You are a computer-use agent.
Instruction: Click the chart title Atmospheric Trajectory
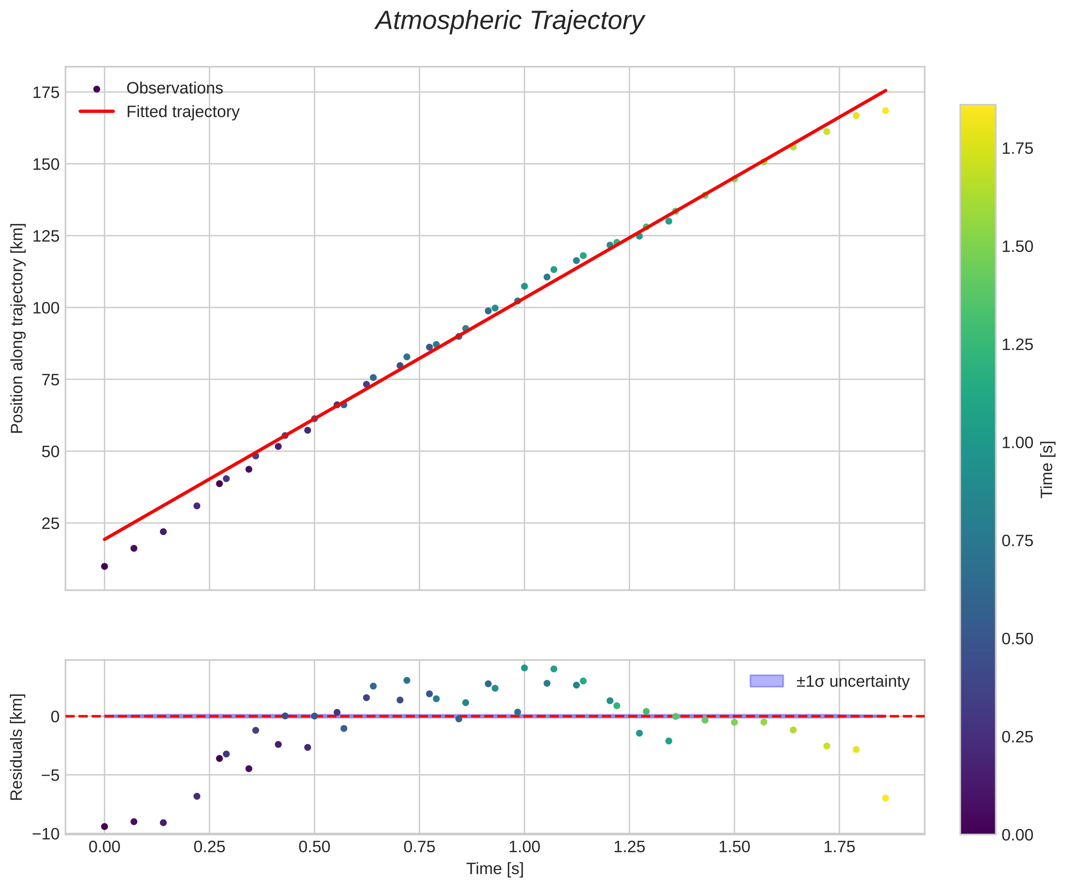(x=509, y=21)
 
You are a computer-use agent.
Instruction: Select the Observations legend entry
(x=175, y=88)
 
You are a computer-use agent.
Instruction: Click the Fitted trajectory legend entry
(x=183, y=112)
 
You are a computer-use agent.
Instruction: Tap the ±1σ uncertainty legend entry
(x=852, y=681)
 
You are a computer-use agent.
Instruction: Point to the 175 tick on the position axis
(x=46, y=92)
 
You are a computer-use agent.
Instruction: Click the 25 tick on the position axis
(x=50, y=523)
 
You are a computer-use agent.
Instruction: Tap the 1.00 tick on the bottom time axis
(x=524, y=848)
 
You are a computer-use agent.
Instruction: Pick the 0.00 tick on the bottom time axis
(x=104, y=848)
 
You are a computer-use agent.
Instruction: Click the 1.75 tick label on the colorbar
(x=1017, y=148)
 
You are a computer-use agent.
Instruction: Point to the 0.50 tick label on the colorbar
(x=1017, y=639)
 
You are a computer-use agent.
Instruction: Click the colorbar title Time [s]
(x=1047, y=470)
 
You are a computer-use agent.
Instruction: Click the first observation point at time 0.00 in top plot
(x=104, y=566)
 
